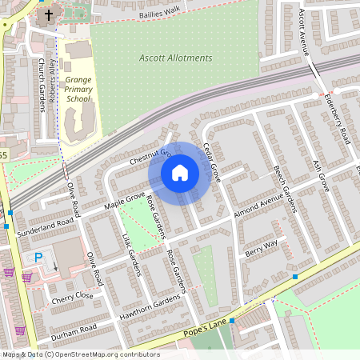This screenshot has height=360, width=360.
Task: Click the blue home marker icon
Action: coord(180,172)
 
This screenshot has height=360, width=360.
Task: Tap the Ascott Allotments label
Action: coord(175,58)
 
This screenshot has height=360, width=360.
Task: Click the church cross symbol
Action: coord(48,15)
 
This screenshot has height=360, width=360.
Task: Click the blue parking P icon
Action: coord(38,258)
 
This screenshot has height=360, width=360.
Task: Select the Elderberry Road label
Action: coord(338,118)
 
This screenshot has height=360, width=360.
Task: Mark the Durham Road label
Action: coord(74,329)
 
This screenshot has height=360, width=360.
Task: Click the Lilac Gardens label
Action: coord(134,255)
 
